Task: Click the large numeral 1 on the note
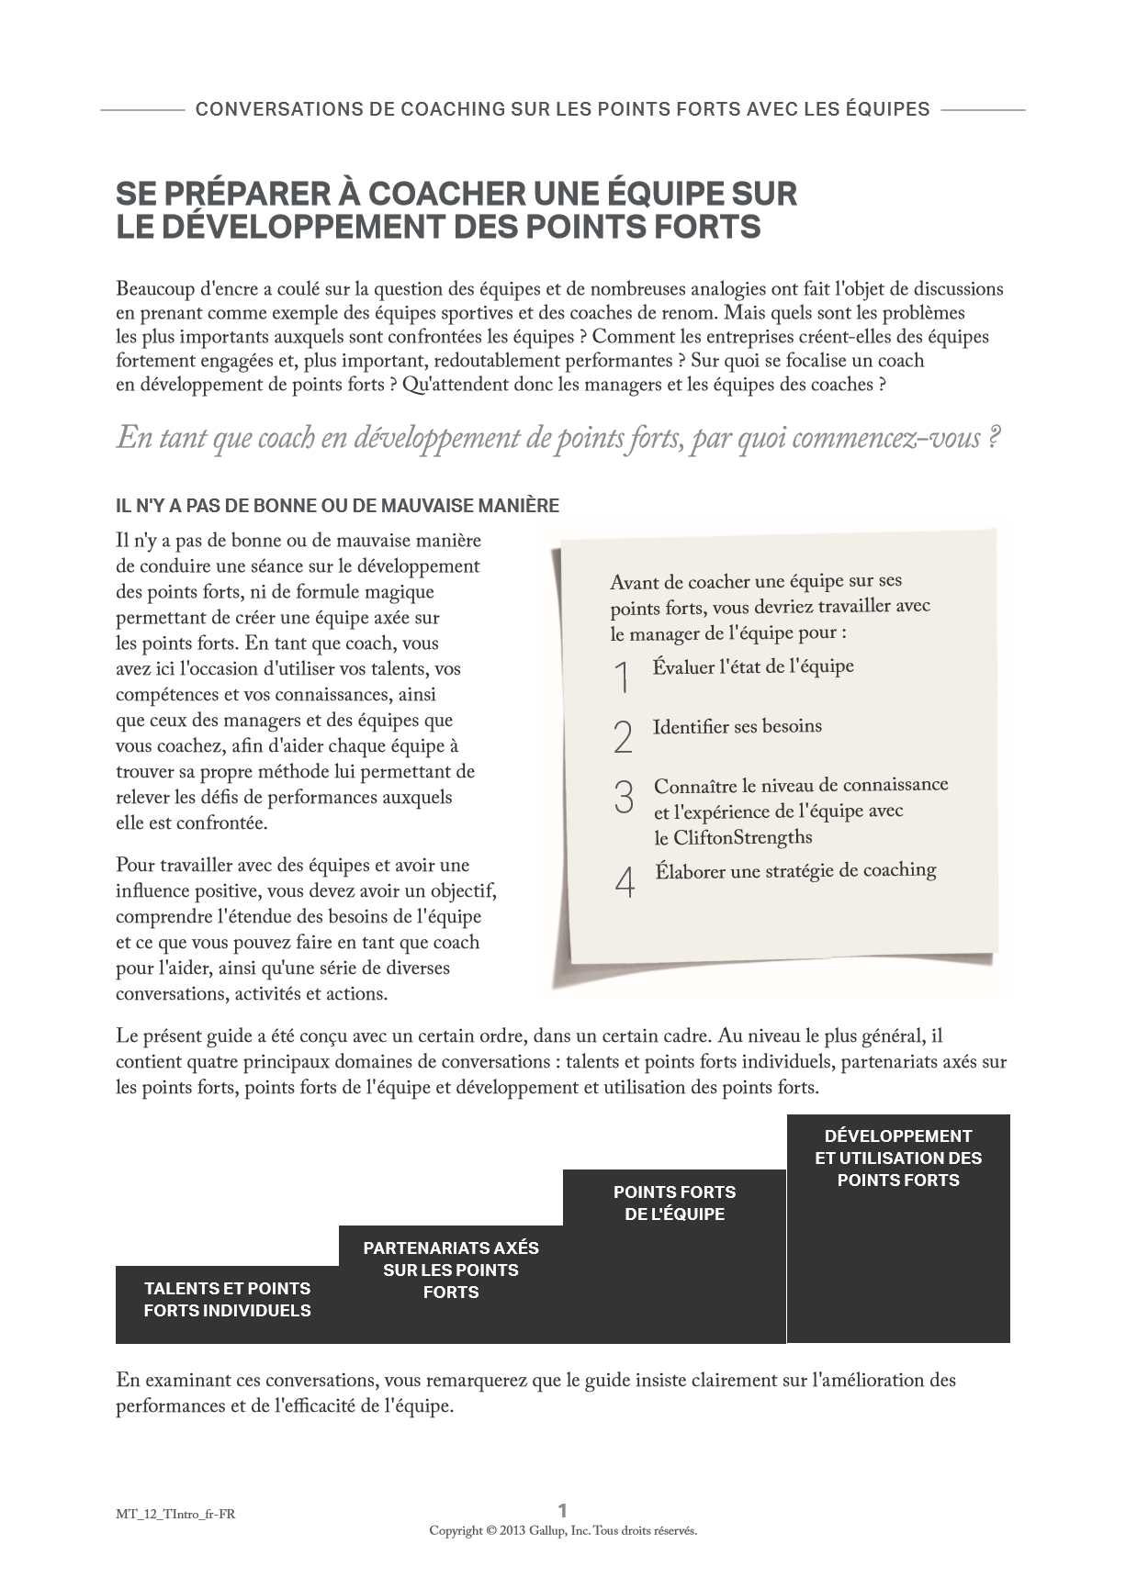[x=623, y=677]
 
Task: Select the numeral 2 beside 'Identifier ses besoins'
[x=623, y=737]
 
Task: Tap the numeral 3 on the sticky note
[x=624, y=797]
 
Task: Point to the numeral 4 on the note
[x=625, y=882]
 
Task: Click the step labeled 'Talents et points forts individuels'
[x=227, y=1299]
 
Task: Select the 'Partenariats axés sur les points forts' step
[x=451, y=1270]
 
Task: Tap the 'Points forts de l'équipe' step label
[x=674, y=1203]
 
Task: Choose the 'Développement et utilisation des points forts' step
[x=898, y=1158]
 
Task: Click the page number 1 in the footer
[x=563, y=1510]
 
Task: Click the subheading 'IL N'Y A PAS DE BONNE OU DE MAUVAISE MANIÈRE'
[x=337, y=506]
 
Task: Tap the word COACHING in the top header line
[x=451, y=109]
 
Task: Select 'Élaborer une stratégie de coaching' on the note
[x=795, y=870]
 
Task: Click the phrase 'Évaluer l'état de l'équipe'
[x=753, y=666]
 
